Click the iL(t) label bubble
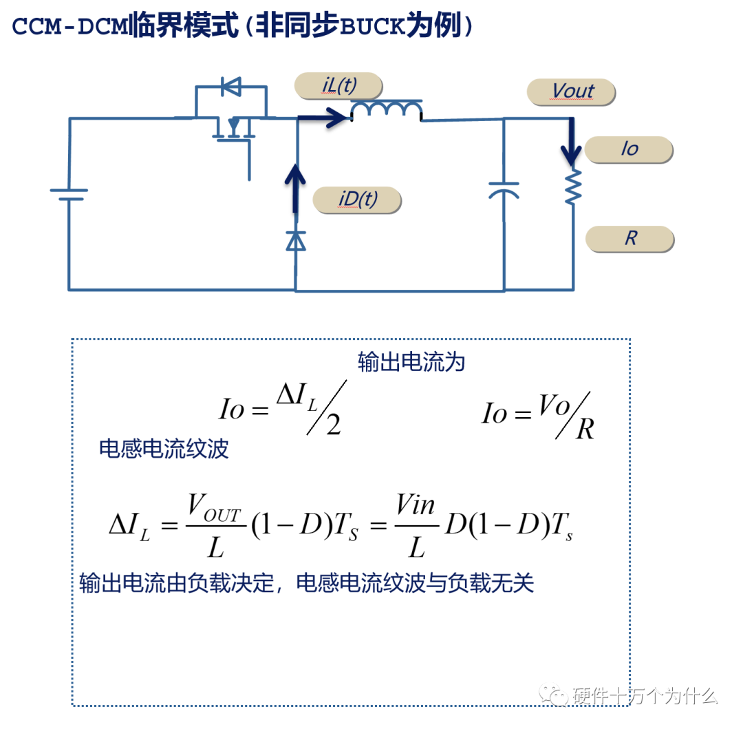pos(338,85)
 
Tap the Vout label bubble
pos(571,92)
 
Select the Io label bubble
pos(629,149)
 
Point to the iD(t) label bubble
pos(356,200)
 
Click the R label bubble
pos(629,238)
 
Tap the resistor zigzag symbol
pos(573,187)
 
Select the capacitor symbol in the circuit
pos(504,191)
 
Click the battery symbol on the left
pos(69,193)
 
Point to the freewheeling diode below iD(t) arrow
pos(296,240)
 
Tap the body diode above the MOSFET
pos(231,87)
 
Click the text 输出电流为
pos(411,362)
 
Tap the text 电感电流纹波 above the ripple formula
pos(164,449)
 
